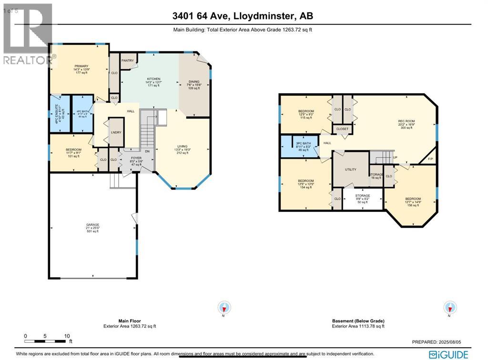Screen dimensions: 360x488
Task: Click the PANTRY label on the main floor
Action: point(127,61)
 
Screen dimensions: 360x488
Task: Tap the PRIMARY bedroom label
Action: point(81,66)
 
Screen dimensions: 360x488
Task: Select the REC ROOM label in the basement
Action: point(407,121)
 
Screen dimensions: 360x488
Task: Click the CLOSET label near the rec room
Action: point(342,129)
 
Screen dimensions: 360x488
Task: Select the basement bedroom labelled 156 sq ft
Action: point(413,199)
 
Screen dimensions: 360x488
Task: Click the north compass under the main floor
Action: point(224,307)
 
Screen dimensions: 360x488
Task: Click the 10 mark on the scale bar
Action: point(66,336)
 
